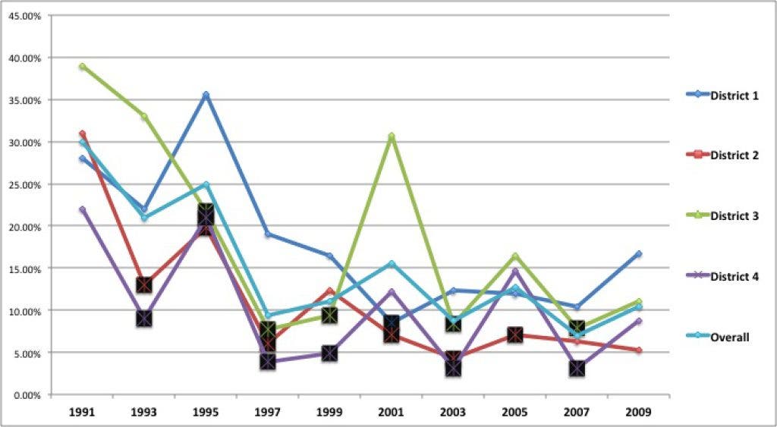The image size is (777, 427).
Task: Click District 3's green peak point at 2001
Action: pyautogui.click(x=392, y=137)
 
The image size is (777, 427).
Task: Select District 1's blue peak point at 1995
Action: pyautogui.click(x=206, y=95)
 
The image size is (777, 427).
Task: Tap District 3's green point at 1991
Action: pyautogui.click(x=82, y=66)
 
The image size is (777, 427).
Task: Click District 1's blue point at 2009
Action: pyautogui.click(x=639, y=253)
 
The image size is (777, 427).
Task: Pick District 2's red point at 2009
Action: pyautogui.click(x=639, y=350)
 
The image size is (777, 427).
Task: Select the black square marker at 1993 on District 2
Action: pyautogui.click(x=144, y=285)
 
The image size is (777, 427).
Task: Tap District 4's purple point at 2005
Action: pyautogui.click(x=515, y=271)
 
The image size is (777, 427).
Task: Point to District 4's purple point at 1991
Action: pyautogui.click(x=82, y=209)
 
